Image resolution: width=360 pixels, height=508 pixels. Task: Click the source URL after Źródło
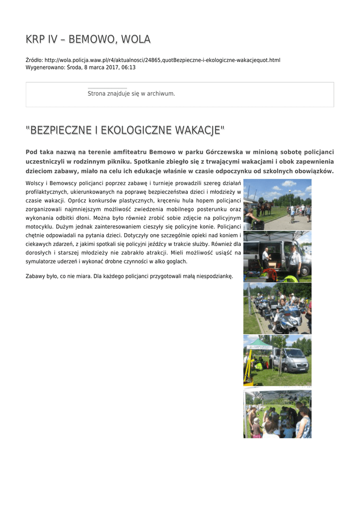(x=162, y=60)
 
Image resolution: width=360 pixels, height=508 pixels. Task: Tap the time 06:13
(x=129, y=67)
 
